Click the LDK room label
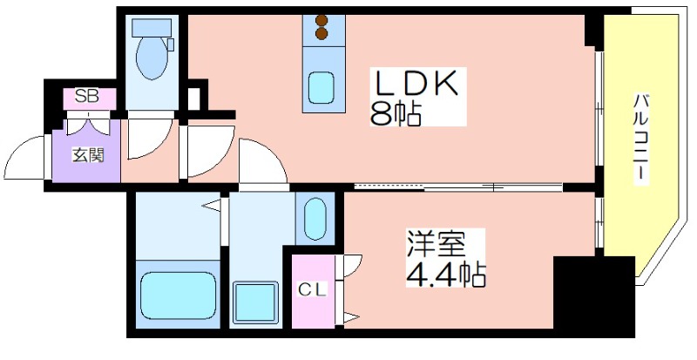click(417, 84)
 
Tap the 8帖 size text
click(396, 115)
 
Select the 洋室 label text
click(436, 245)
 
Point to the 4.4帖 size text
click(445, 275)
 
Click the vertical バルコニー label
click(640, 136)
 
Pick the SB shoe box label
click(86, 96)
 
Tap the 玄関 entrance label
click(88, 155)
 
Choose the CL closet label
click(312, 289)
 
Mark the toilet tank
click(152, 27)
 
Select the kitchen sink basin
click(321, 87)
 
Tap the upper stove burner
click(321, 20)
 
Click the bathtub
click(179, 295)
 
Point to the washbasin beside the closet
click(315, 219)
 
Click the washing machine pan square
click(255, 302)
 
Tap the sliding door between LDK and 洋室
click(458, 187)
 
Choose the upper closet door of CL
click(349, 265)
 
